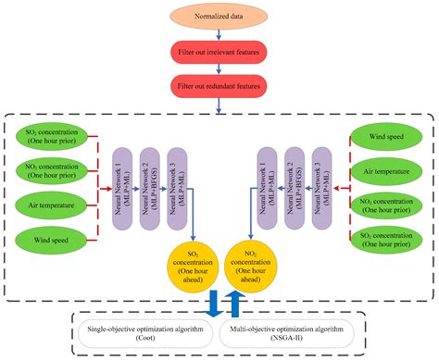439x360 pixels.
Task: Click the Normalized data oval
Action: pos(219,17)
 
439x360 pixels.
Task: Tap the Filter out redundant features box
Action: pos(219,91)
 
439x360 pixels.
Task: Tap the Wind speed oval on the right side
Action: pos(388,141)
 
